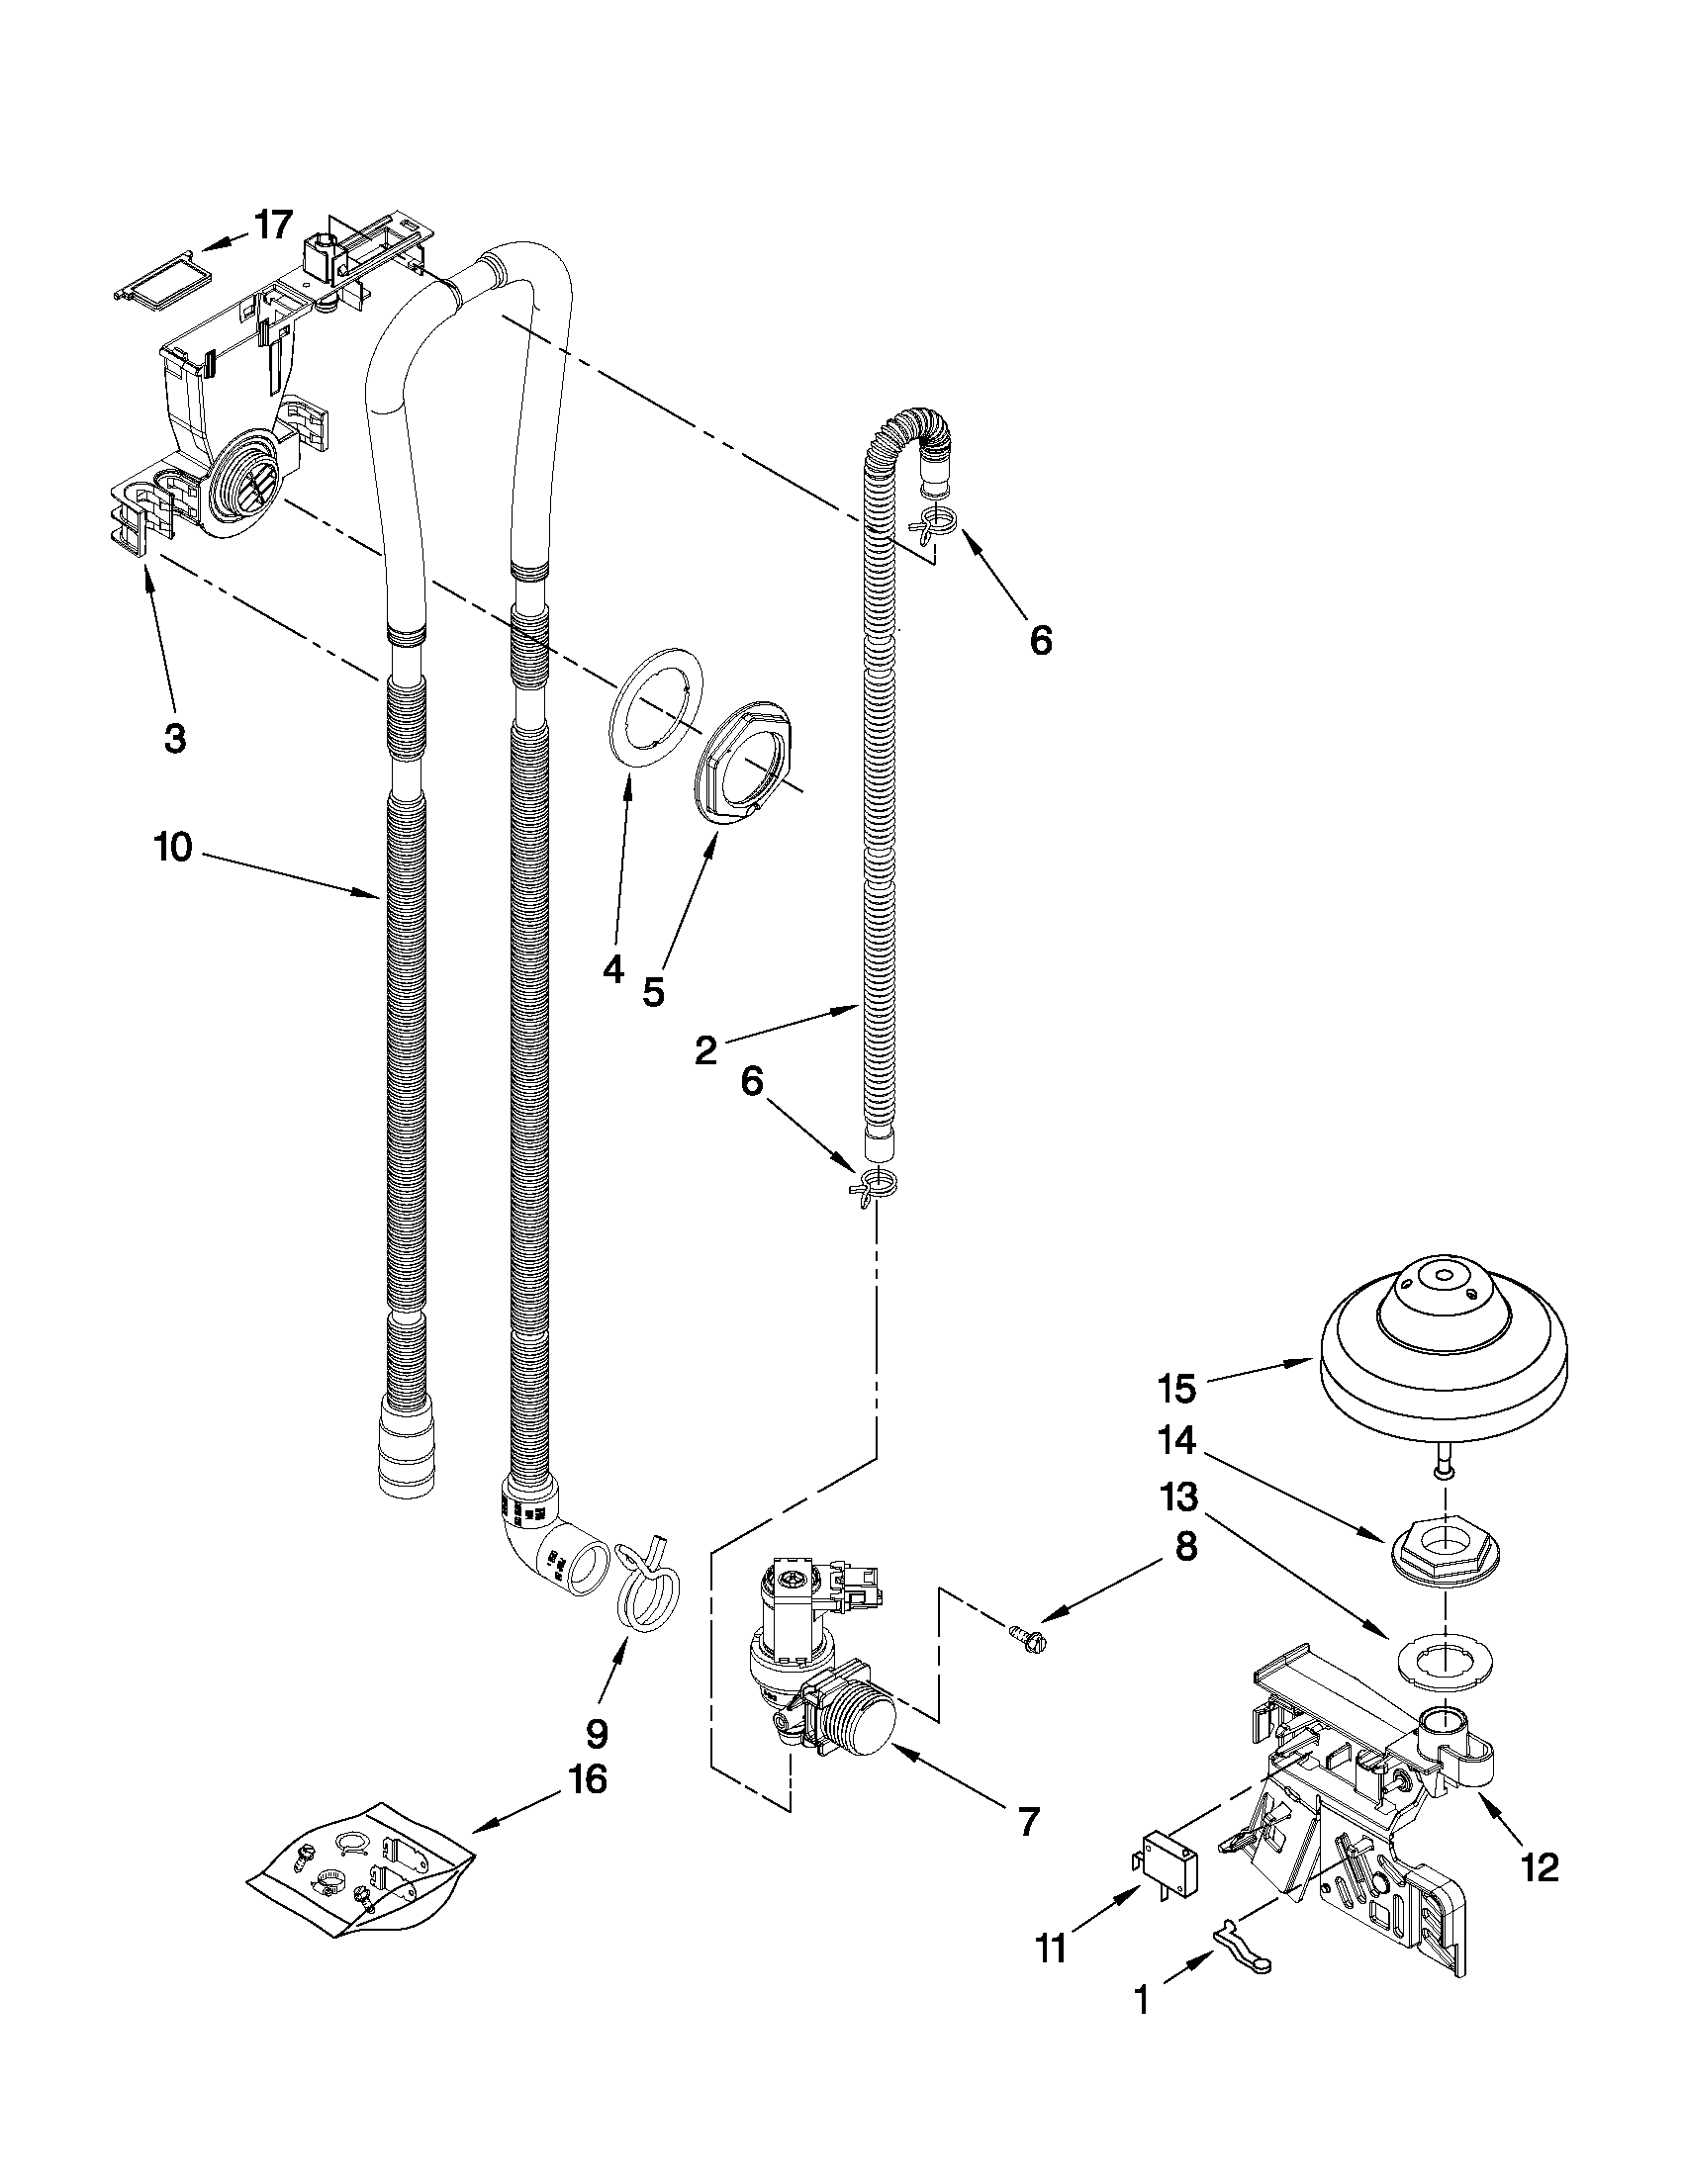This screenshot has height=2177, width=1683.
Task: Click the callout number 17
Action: click(x=273, y=226)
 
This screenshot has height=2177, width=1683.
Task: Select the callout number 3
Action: click(x=174, y=739)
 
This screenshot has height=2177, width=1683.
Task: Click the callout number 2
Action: click(x=704, y=1049)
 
